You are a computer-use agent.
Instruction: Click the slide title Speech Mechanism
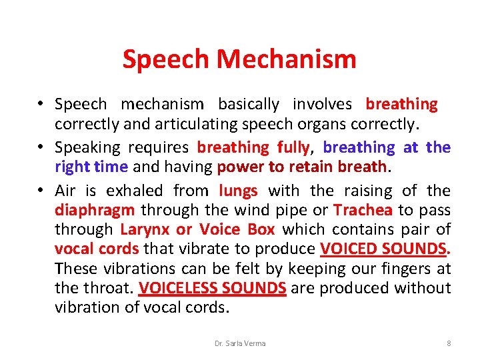(x=239, y=59)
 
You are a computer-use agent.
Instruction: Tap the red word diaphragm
(x=95, y=211)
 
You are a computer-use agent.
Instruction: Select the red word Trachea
(x=363, y=211)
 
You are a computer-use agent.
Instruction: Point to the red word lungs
(x=238, y=191)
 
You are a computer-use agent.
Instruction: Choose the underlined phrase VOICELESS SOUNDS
(x=213, y=288)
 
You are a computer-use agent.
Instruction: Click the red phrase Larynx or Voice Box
(x=198, y=230)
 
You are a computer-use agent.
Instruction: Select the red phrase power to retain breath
(x=302, y=167)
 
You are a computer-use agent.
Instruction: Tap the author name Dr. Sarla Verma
(x=240, y=343)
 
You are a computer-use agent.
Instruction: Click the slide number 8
(x=449, y=343)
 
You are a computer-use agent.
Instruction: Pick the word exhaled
(x=141, y=191)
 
